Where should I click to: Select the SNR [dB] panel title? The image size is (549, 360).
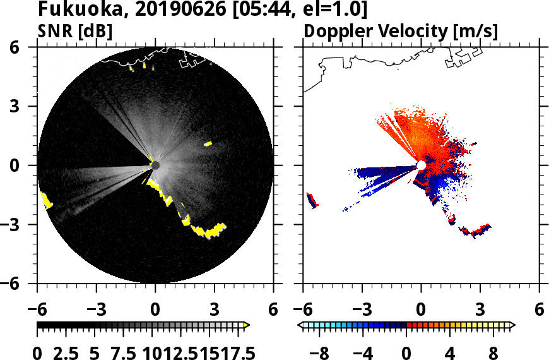coord(75,31)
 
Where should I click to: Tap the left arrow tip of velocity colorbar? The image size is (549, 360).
coord(300,325)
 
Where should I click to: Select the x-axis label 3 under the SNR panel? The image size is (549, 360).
coord(215,310)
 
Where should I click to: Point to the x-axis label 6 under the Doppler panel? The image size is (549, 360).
coord(539,310)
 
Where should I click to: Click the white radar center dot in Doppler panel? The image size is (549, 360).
coord(421,165)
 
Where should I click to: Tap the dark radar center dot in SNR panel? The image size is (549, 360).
coord(155,165)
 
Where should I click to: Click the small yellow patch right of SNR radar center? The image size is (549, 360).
coord(208,144)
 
